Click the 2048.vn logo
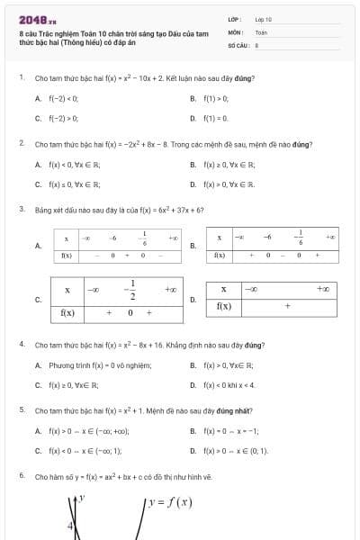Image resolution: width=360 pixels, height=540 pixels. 37,18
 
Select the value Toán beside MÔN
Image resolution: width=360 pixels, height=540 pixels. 261,31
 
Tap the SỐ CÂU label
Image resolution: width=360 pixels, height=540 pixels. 237,44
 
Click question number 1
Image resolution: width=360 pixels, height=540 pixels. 21,78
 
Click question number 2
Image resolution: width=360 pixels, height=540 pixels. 21,144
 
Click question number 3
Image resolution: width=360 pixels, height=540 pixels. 21,210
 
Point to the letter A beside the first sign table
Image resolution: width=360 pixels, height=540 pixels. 38,246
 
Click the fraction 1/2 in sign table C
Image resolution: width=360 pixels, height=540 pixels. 132,290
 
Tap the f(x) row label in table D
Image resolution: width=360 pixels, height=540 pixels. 224,306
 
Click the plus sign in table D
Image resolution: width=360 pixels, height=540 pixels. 287,306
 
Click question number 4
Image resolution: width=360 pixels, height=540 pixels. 21,345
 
